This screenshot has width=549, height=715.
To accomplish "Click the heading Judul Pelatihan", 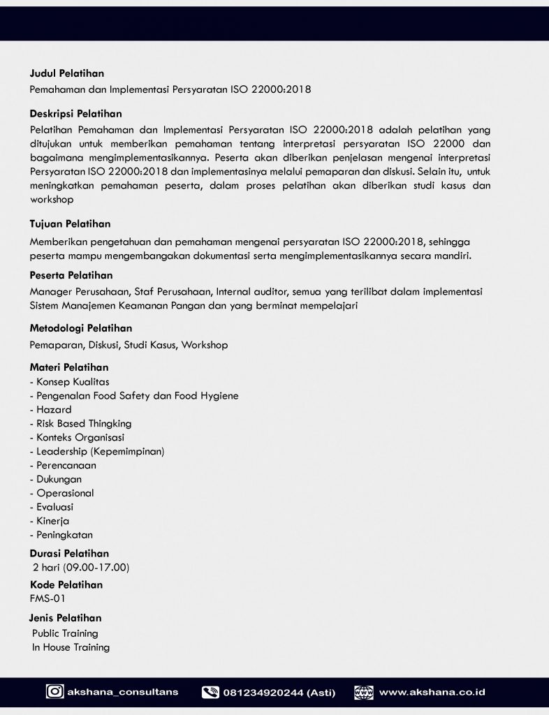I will pyautogui.click(x=67, y=73).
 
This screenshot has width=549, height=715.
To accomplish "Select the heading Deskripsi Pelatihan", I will pyautogui.click(x=75, y=114).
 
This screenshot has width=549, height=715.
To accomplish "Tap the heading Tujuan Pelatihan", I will pyautogui.click(x=70, y=224).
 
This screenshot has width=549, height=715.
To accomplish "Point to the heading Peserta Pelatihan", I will pyautogui.click(x=71, y=275).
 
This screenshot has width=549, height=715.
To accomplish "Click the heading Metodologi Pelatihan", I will pyautogui.click(x=81, y=328).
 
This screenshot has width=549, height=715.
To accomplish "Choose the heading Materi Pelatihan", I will pyautogui.click(x=69, y=367).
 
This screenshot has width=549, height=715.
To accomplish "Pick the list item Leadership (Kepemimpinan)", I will pyautogui.click(x=97, y=451).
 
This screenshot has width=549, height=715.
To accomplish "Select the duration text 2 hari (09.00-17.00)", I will pyautogui.click(x=81, y=567).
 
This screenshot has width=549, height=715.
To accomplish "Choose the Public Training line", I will pyautogui.click(x=65, y=633).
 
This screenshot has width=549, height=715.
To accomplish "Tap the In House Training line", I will pyautogui.click(x=71, y=647).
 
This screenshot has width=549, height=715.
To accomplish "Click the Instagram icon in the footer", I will pyautogui.click(x=54, y=692).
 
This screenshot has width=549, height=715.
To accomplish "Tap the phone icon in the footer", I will pyautogui.click(x=210, y=693).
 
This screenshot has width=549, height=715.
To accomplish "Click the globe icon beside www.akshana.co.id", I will pyautogui.click(x=363, y=693).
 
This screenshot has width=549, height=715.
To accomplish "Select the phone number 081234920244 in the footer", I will pyautogui.click(x=263, y=693).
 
